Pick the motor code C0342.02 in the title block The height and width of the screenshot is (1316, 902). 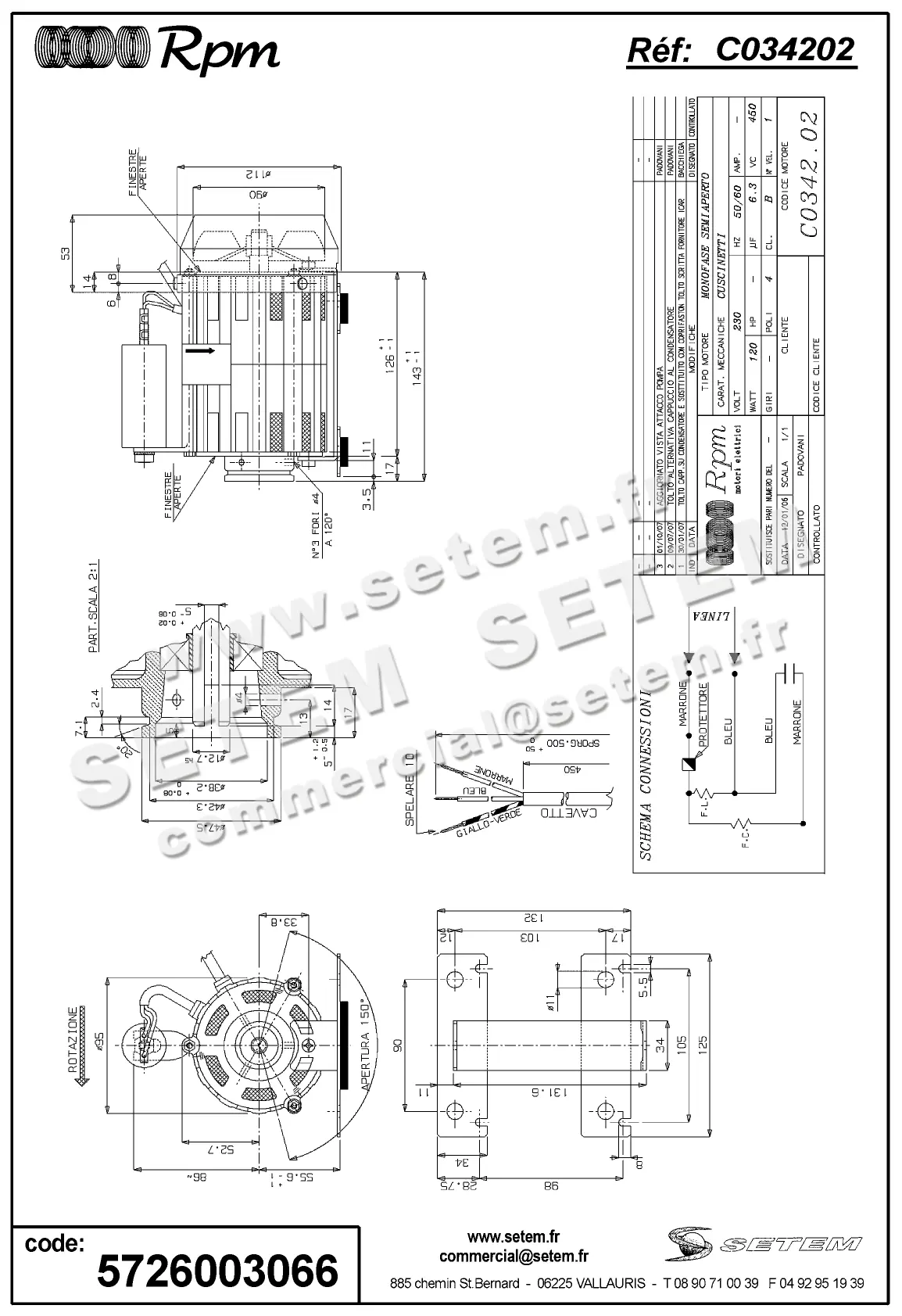pos(809,174)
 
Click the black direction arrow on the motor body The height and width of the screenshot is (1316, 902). pos(199,351)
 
